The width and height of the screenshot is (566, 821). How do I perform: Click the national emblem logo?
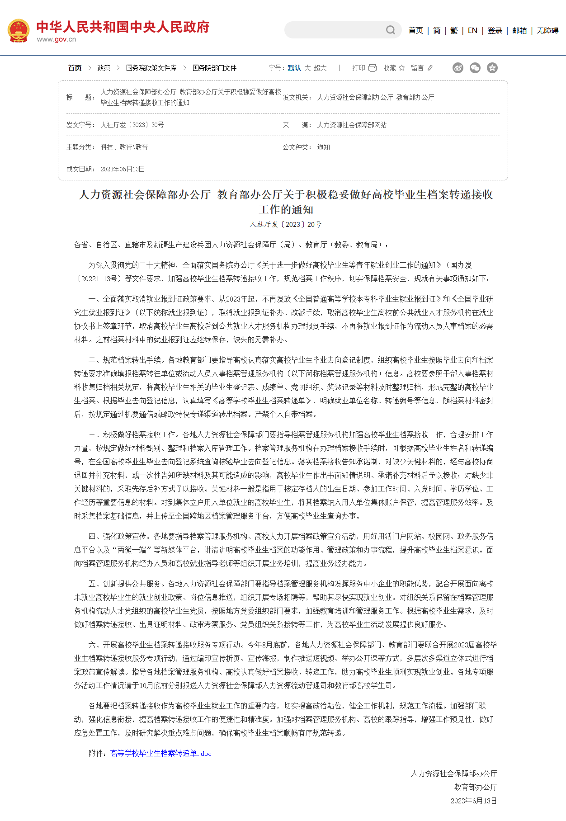tap(19, 30)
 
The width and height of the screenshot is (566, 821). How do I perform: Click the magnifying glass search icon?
tap(391, 30)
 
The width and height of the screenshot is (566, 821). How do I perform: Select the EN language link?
tap(472, 30)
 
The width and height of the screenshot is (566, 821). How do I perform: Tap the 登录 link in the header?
tap(495, 30)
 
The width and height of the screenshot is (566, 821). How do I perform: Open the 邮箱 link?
tap(519, 30)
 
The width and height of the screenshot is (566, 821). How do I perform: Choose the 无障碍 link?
tap(547, 30)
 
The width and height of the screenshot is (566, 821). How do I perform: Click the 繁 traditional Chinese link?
tap(454, 30)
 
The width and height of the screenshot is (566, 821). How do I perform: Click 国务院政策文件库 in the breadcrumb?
tap(151, 68)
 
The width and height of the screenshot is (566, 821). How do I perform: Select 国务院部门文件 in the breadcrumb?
tap(214, 68)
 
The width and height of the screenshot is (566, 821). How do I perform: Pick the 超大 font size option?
tap(320, 68)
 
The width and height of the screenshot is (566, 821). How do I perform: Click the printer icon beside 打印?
tap(373, 68)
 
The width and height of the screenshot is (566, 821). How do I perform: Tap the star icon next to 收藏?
tap(401, 68)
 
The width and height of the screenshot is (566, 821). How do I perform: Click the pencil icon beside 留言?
tap(430, 68)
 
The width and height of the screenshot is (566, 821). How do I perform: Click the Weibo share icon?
tap(458, 68)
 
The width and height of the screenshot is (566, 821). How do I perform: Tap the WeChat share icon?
tap(475, 68)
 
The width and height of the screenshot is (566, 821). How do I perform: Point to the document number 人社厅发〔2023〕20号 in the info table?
tap(132, 125)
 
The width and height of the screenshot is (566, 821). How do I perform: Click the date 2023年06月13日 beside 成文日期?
tap(123, 169)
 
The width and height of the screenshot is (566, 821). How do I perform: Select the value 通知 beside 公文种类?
tap(323, 147)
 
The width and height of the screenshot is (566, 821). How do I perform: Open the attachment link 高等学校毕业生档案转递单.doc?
tap(160, 753)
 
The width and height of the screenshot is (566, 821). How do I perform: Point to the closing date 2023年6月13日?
tap(473, 801)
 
